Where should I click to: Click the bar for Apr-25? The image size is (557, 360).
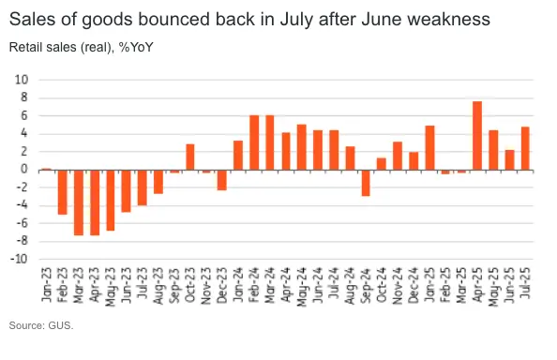point(477,135)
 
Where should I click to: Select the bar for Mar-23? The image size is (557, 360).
point(79,202)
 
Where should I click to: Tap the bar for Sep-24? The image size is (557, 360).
point(366,183)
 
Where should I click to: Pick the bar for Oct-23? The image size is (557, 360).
point(190,157)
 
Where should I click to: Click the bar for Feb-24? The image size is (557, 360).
point(254,142)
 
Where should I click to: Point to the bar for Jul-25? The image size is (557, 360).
point(525,148)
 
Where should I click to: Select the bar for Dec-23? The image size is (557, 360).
point(222,180)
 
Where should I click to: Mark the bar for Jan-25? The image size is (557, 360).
point(429,147)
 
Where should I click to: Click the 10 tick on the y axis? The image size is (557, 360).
point(22,80)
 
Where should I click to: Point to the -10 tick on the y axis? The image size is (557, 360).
point(20,260)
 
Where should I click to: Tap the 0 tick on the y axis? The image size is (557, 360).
point(24,170)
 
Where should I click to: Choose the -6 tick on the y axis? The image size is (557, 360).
point(22,224)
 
